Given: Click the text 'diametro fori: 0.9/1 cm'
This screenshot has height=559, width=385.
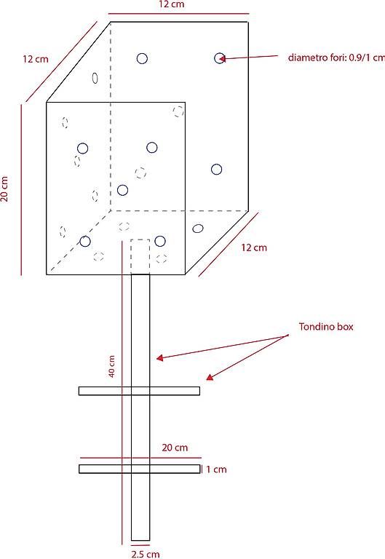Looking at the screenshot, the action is (x=336, y=58).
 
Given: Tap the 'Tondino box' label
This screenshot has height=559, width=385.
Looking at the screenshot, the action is (x=326, y=327).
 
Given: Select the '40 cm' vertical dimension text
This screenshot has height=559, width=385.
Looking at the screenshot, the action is (x=111, y=367).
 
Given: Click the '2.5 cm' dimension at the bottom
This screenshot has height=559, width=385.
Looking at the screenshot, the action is (x=145, y=554).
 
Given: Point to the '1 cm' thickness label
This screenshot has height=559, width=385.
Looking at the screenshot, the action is (x=216, y=469).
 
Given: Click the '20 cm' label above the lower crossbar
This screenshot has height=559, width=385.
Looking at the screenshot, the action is (x=175, y=448).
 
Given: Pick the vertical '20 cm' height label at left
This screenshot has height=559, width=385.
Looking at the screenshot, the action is (x=4, y=189).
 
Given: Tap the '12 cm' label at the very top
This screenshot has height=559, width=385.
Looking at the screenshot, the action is (x=172, y=4).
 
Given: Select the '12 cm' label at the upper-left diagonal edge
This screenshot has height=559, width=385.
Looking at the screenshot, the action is (x=35, y=59).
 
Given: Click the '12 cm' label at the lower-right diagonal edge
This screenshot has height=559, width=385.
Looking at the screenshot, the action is (x=254, y=247).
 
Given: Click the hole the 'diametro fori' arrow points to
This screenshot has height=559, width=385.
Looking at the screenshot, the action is (x=220, y=58).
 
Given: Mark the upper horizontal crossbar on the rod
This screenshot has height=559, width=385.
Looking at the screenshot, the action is (x=139, y=391).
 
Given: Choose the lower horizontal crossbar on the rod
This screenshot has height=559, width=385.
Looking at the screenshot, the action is (x=140, y=469).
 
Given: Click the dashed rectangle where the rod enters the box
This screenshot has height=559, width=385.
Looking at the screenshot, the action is (x=140, y=257).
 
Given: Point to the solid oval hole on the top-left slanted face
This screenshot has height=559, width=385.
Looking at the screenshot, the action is (x=95, y=78).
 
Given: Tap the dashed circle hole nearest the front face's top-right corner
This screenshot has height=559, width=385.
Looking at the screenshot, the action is (x=178, y=111).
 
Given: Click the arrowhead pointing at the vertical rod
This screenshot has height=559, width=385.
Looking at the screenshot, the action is (x=159, y=357).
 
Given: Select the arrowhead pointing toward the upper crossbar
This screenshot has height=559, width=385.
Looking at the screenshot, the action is (x=210, y=377).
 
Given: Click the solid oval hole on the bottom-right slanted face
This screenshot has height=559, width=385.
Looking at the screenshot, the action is (x=198, y=229).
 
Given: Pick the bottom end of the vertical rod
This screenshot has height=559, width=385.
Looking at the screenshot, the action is (x=140, y=541).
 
